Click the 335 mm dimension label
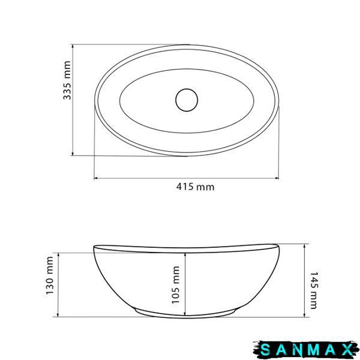point(67,80)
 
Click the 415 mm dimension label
point(196,187)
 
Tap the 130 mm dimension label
point(50,275)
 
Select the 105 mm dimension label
point(176,285)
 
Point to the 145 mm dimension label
point(314,290)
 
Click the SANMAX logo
point(306,350)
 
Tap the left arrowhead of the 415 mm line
point(96,178)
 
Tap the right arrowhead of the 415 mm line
point(277,178)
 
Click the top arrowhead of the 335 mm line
point(73,47)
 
